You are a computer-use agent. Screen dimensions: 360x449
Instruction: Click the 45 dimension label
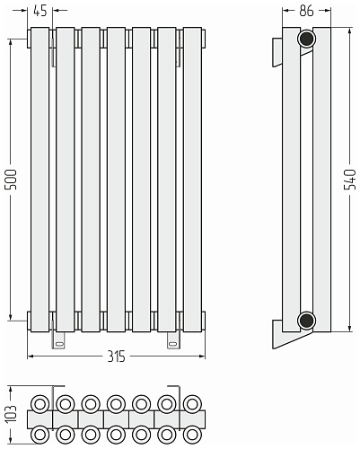point(40,11)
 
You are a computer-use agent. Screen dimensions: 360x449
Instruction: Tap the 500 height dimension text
point(12,180)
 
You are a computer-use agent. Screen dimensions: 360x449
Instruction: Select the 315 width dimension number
point(116,357)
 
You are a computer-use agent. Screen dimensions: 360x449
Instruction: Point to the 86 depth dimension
point(306,11)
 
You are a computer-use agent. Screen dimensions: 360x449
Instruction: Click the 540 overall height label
point(350,180)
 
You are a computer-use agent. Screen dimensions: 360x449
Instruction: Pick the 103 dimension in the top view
point(11,414)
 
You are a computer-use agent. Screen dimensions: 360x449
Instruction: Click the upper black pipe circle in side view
point(306,39)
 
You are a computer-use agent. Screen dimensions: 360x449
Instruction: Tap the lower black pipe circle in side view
point(306,321)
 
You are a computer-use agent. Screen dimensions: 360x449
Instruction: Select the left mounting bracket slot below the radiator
point(60,344)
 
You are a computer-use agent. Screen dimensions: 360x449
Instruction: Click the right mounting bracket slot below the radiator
point(172,344)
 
